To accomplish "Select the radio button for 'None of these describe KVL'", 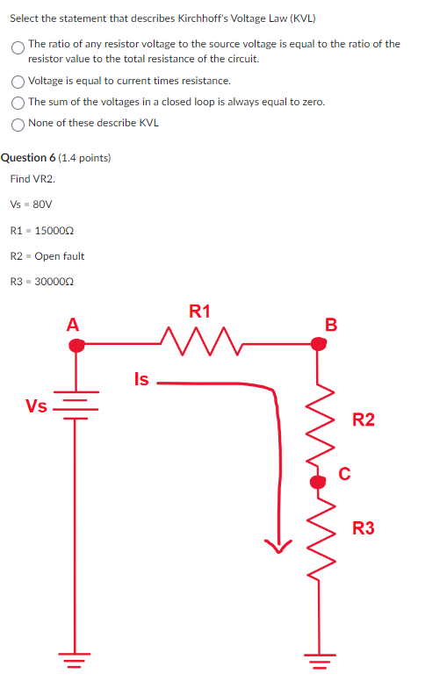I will tap(18, 124).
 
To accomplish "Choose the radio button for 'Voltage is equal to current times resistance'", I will tap(18, 82).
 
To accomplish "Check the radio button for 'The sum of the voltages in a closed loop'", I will tap(18, 103).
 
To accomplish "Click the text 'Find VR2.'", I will tap(32, 179).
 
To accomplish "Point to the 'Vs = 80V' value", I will tap(32, 204).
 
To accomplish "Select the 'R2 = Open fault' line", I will tap(47, 256).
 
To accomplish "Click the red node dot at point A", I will tap(76, 346).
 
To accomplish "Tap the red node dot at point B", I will tap(320, 345).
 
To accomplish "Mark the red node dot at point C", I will tap(318, 480).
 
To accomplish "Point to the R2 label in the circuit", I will tap(363, 420).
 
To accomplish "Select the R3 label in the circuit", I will tap(363, 528).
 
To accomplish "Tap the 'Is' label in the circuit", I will tap(141, 379).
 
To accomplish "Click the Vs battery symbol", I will tap(75, 410).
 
